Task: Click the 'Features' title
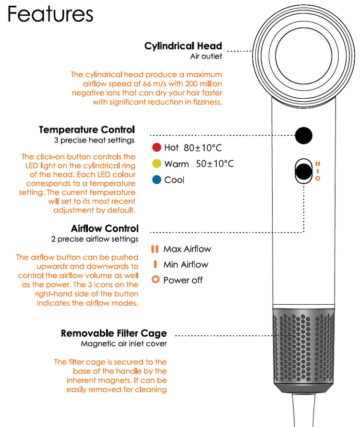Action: (x=50, y=14)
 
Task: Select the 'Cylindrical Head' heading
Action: (x=183, y=46)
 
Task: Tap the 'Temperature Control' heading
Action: (x=87, y=130)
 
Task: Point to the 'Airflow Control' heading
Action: (x=105, y=228)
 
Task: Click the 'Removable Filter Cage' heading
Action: (x=114, y=333)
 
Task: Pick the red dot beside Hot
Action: (x=156, y=148)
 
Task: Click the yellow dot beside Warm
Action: (x=156, y=164)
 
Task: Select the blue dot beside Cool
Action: (x=156, y=180)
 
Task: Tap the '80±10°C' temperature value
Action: (x=203, y=148)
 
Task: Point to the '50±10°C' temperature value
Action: (x=215, y=164)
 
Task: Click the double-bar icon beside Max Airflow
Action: (x=155, y=249)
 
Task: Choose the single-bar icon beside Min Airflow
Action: (x=155, y=264)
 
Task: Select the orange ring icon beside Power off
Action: (x=155, y=280)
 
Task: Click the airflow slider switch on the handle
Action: (x=303, y=171)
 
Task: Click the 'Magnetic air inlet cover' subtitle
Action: (x=124, y=344)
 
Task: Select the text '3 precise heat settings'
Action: (x=94, y=141)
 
